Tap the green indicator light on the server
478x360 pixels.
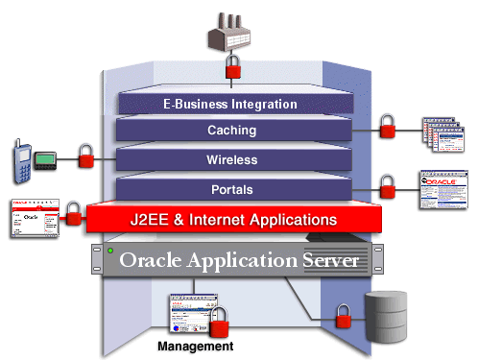pyautogui.click(x=111, y=253)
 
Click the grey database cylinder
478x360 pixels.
pyautogui.click(x=386, y=314)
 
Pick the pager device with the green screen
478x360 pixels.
pyautogui.click(x=45, y=159)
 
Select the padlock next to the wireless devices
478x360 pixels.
pyautogui.click(x=84, y=156)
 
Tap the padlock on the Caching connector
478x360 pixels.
pyautogui.click(x=387, y=126)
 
